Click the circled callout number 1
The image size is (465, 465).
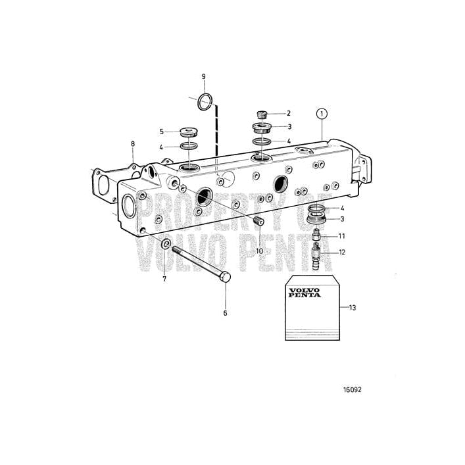321,114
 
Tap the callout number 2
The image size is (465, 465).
287,114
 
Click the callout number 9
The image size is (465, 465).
203,77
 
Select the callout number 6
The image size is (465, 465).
225,313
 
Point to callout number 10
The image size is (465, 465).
259,251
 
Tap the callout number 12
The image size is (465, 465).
342,252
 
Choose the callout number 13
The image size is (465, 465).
353,307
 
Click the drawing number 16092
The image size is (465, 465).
352,389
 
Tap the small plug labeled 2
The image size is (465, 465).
262,114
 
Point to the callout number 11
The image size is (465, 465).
341,235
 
